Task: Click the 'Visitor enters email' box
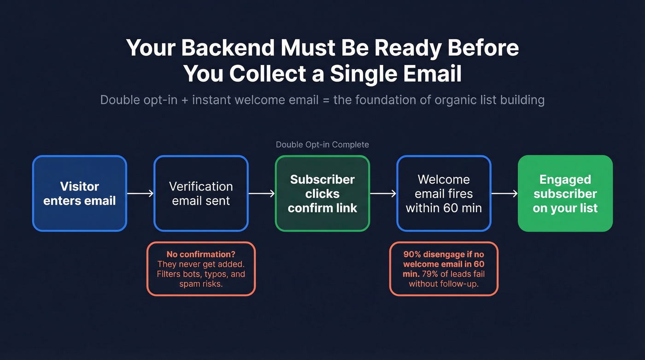pos(79,194)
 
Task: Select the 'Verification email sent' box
pos(201,194)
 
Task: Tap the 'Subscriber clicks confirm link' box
pos(322,194)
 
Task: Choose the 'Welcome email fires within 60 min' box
pos(444,194)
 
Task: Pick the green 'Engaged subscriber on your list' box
pos(565,194)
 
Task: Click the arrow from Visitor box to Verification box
pos(140,194)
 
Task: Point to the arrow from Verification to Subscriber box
pos(262,194)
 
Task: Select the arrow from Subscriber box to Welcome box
pos(383,194)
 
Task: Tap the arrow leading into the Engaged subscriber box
pos(504,194)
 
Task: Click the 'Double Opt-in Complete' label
pos(322,145)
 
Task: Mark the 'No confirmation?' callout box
pos(201,269)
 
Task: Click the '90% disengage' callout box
pos(444,269)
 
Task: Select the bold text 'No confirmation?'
pos(201,254)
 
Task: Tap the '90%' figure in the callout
pos(412,254)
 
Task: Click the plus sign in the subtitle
pos(184,100)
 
